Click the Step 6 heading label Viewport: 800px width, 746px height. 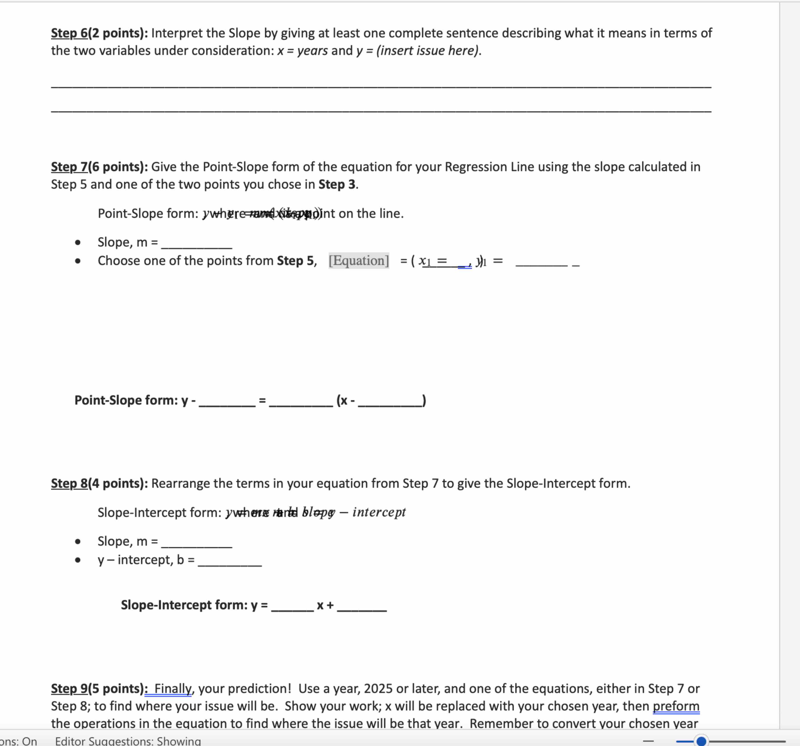[69, 33]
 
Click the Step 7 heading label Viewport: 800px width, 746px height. [69, 167]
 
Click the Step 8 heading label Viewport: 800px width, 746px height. [69, 483]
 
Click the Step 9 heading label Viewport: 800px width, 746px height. [69, 688]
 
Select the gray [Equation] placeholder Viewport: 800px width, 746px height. [358, 261]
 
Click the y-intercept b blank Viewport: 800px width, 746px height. [229, 561]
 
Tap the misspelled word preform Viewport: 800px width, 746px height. [676, 706]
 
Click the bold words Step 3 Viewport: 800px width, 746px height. [337, 184]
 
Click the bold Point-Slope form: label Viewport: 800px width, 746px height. [126, 400]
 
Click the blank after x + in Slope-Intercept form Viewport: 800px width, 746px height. [361, 606]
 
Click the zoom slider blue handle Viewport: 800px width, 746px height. [701, 741]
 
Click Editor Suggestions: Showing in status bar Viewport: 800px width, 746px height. [128, 741]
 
